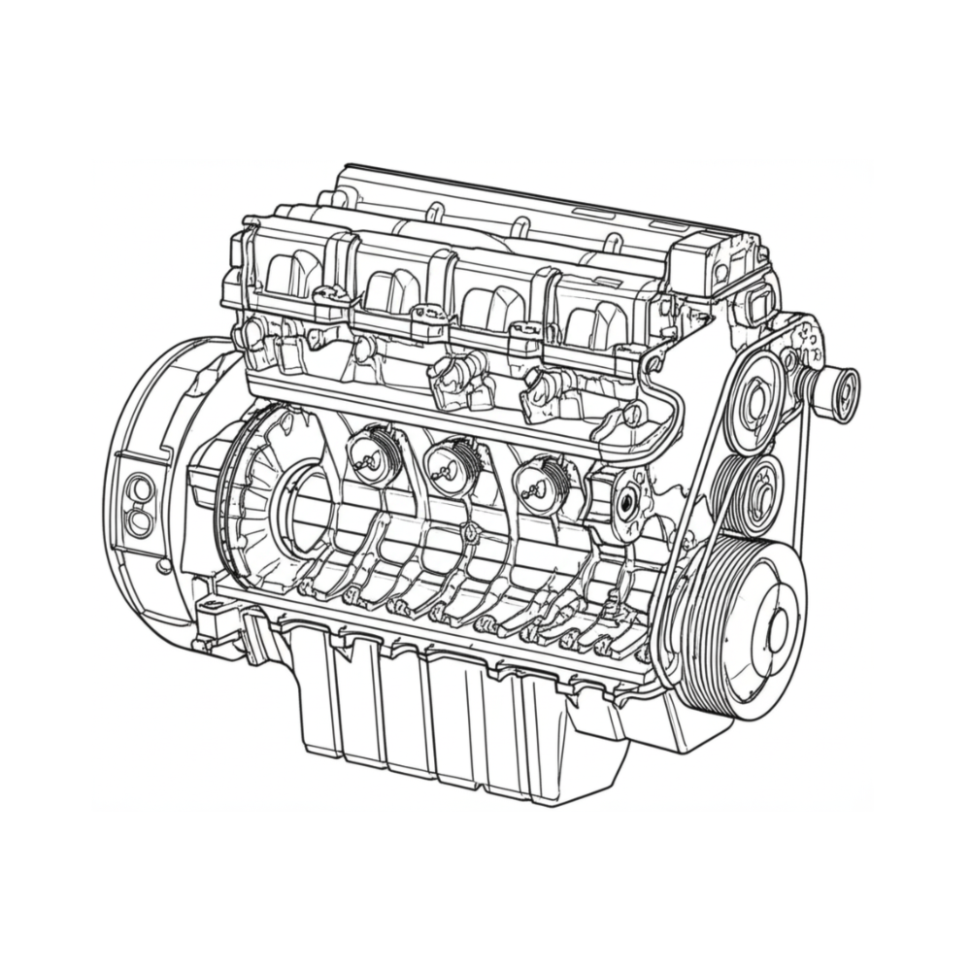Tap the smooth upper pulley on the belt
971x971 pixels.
tap(755, 402)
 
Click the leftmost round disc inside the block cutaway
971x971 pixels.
tap(372, 456)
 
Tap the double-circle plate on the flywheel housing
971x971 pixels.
tap(140, 505)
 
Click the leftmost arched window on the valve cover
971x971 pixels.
tap(290, 274)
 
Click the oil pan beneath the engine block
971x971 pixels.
tap(447, 719)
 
